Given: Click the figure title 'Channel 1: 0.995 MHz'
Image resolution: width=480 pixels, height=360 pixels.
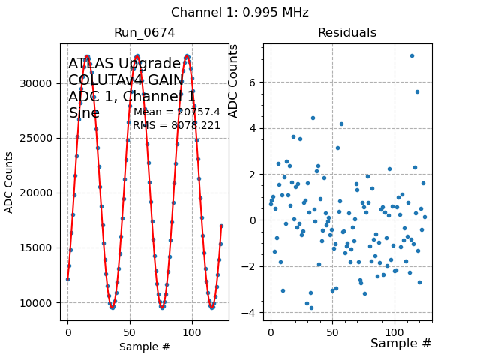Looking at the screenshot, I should point(239,13).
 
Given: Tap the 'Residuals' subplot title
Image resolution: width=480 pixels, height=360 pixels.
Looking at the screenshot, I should point(346,33).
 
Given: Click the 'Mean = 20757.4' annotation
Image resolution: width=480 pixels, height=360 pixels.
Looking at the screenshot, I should point(177,112).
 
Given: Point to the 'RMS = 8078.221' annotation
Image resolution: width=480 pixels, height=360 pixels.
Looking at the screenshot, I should point(177,126).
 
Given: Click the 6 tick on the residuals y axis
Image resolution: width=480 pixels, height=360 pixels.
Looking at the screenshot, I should point(255,82).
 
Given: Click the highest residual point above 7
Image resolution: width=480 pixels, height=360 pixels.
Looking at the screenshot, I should point(412,55).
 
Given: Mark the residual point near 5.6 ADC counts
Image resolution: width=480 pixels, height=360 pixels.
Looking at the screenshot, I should point(418,91).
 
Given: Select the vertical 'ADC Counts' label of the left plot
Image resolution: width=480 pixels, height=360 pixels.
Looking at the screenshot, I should point(10,182).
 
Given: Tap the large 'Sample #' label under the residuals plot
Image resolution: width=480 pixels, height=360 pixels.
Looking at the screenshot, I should point(400,343).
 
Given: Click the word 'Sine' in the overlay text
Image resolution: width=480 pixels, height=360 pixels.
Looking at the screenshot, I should point(83,113).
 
